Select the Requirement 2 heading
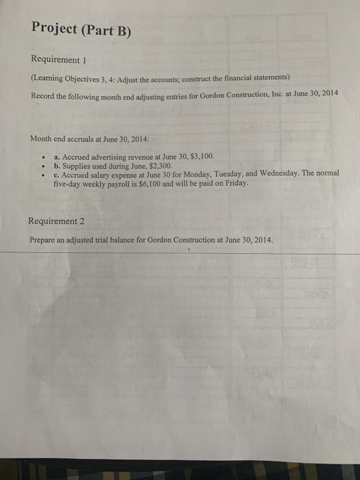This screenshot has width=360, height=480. pyautogui.click(x=58, y=221)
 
